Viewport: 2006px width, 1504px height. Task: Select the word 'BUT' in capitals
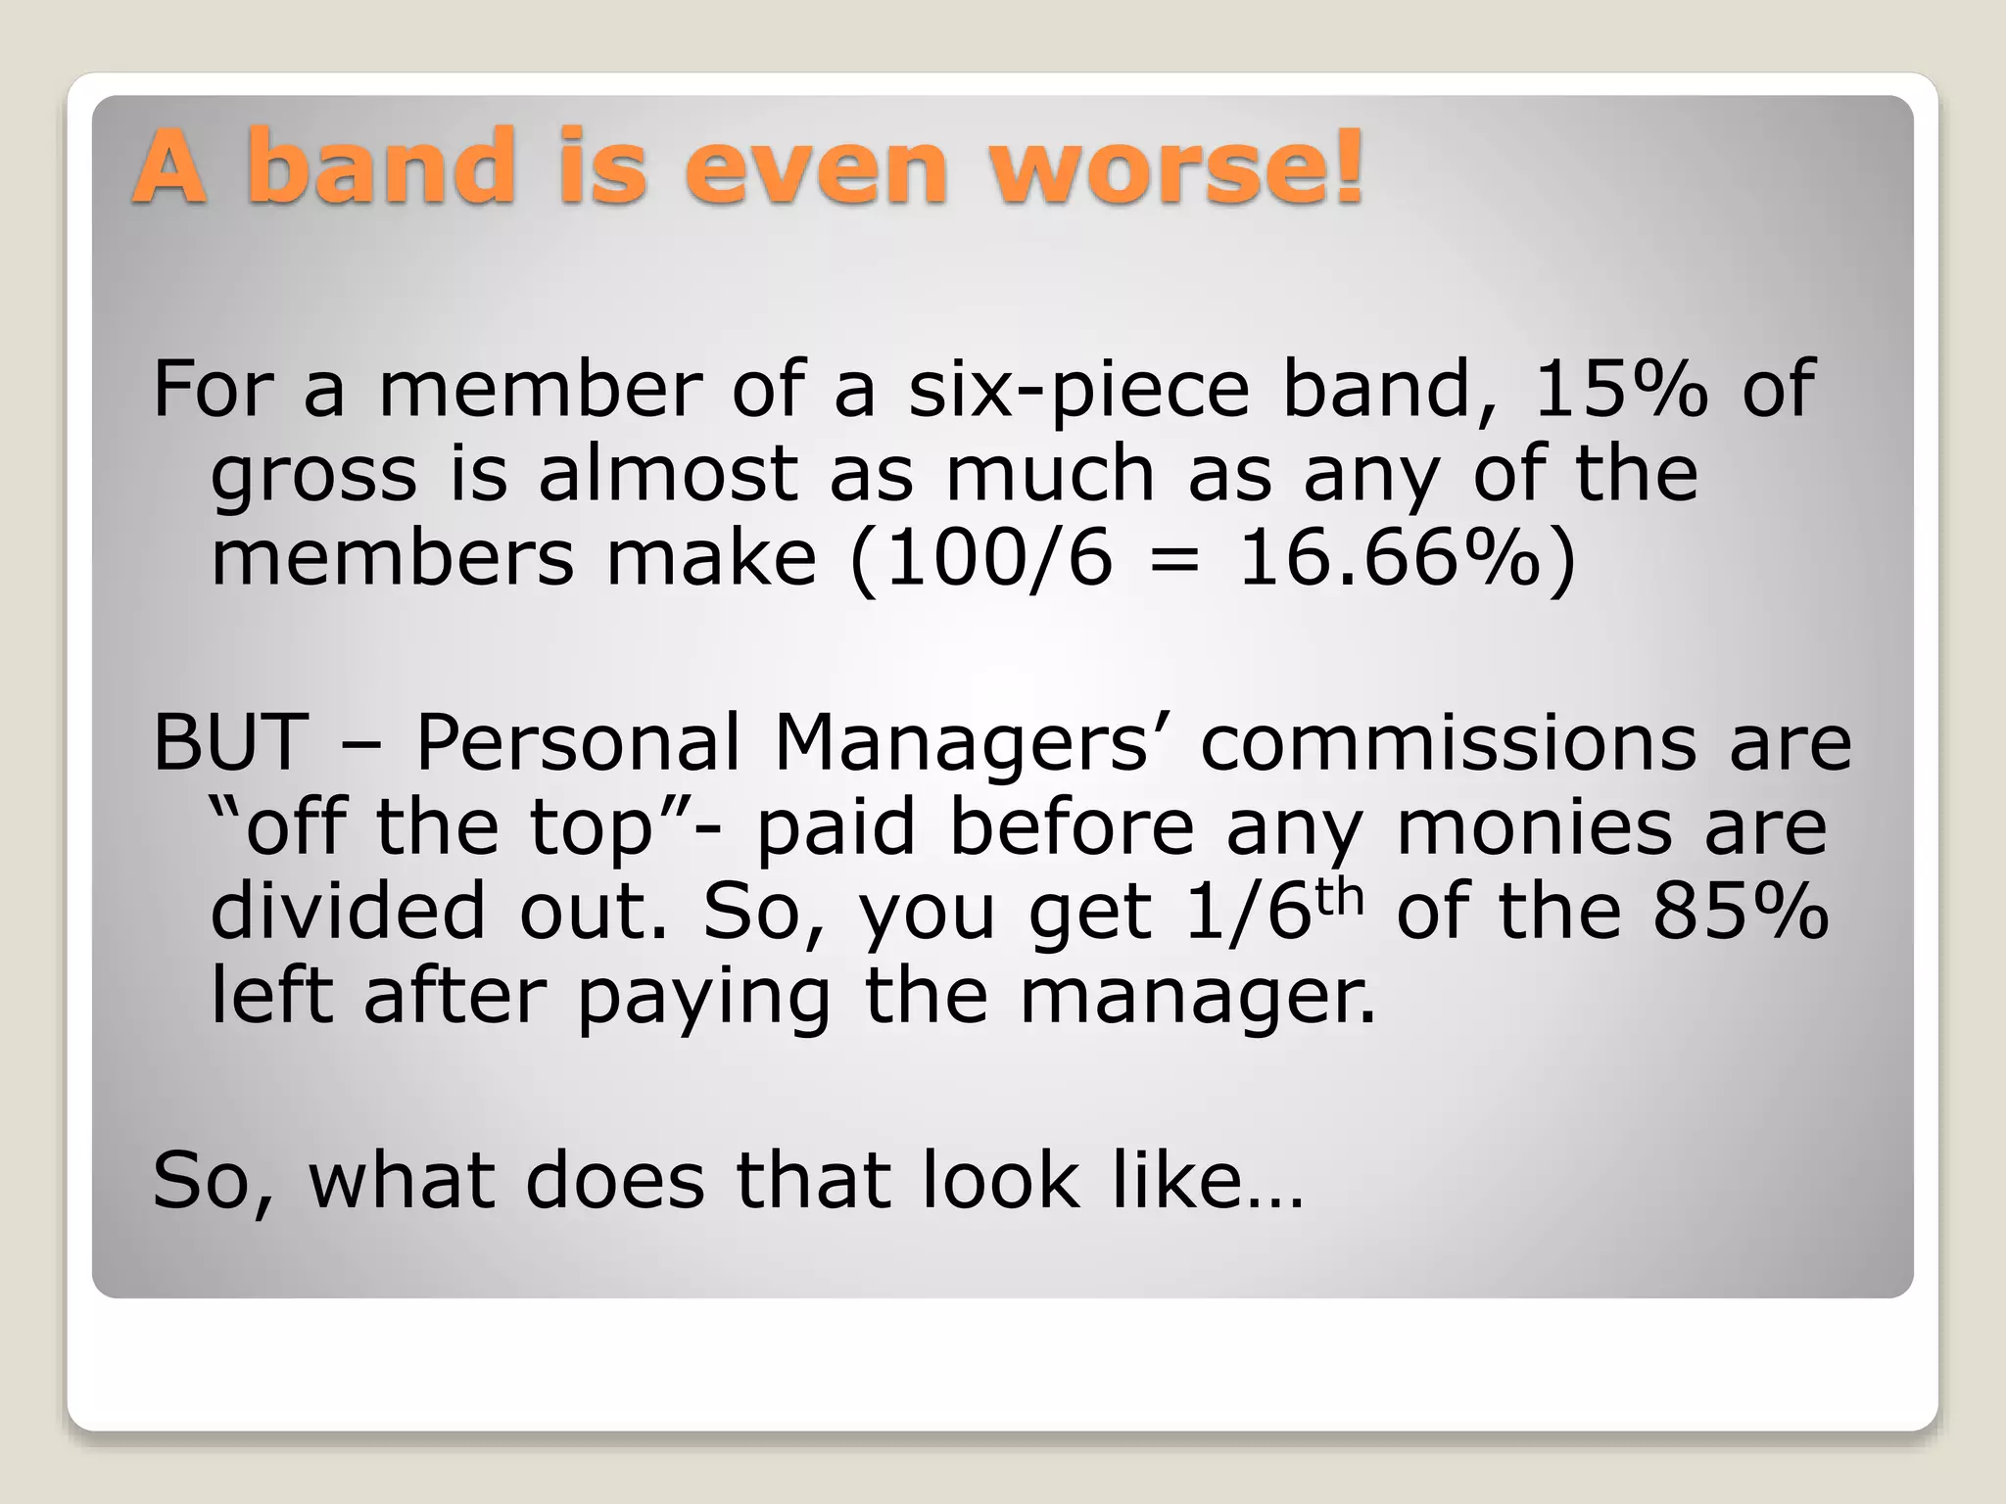[x=231, y=742]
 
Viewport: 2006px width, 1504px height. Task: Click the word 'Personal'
[x=578, y=742]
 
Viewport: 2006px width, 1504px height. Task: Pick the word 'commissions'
[x=1448, y=742]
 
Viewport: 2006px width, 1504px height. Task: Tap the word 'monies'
[x=1534, y=828]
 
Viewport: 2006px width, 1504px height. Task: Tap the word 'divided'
[x=348, y=912]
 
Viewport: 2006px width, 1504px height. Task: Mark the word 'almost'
[x=667, y=474]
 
